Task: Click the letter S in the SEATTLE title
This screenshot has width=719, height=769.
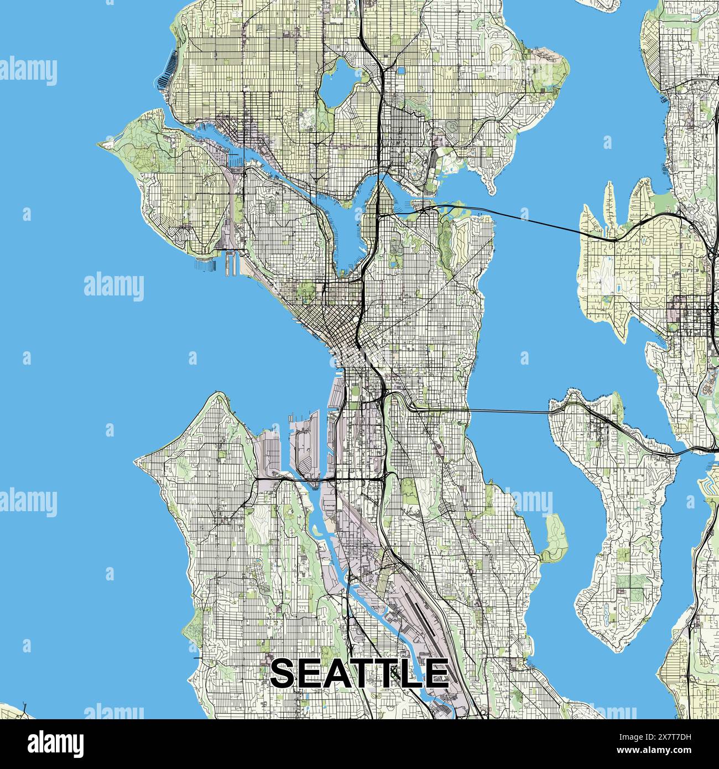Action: coord(286,673)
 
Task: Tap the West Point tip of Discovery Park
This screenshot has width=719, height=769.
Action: coord(101,144)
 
